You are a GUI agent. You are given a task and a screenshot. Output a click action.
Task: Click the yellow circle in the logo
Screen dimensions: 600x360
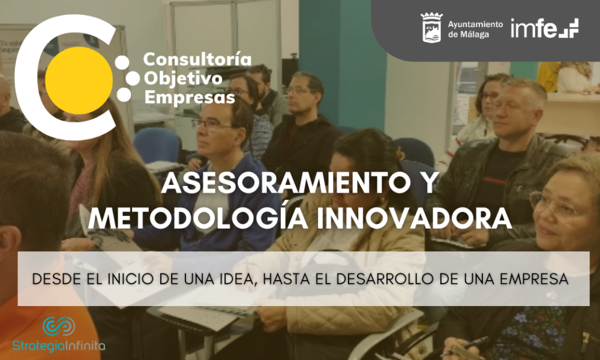[79, 80]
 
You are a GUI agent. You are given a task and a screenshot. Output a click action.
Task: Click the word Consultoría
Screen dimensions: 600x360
[197, 59]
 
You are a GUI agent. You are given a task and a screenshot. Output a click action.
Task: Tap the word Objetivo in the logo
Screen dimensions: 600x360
[183, 79]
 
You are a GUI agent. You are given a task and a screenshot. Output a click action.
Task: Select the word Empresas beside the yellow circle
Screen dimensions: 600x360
[190, 97]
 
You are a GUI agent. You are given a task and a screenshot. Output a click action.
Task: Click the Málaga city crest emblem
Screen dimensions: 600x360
[431, 27]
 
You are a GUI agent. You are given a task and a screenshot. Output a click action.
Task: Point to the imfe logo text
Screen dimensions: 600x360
[544, 28]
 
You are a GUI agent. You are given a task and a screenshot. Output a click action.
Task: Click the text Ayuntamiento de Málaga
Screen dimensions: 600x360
[475, 29]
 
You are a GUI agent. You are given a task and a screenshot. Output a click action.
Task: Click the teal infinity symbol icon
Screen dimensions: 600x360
[59, 326]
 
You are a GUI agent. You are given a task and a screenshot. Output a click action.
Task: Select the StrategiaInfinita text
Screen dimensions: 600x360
[59, 346]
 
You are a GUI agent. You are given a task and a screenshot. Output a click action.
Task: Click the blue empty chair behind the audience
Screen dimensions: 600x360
[157, 145]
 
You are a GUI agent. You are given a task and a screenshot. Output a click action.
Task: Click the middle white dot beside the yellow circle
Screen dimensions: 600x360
[133, 79]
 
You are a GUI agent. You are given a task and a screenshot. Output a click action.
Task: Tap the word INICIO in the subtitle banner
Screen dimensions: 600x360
[130, 279]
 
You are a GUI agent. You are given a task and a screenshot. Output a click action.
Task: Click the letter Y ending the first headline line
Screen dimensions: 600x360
[428, 183]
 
